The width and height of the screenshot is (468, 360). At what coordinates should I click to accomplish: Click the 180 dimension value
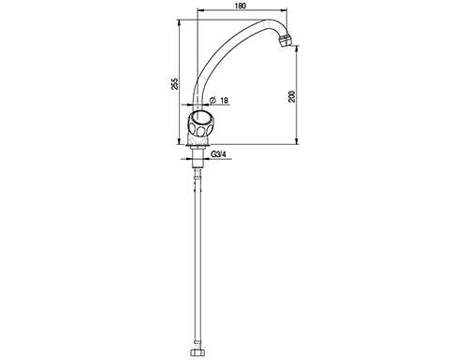[241, 6]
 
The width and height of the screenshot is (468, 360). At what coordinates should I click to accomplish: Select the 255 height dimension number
[175, 84]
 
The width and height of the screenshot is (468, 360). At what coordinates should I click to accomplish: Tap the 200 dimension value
[292, 96]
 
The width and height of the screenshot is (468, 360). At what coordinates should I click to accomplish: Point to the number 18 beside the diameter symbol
[224, 100]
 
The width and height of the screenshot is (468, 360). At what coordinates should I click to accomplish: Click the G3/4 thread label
[218, 154]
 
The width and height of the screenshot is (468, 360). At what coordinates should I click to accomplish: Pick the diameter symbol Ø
[212, 100]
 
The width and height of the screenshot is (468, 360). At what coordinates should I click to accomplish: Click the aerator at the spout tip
[285, 40]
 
